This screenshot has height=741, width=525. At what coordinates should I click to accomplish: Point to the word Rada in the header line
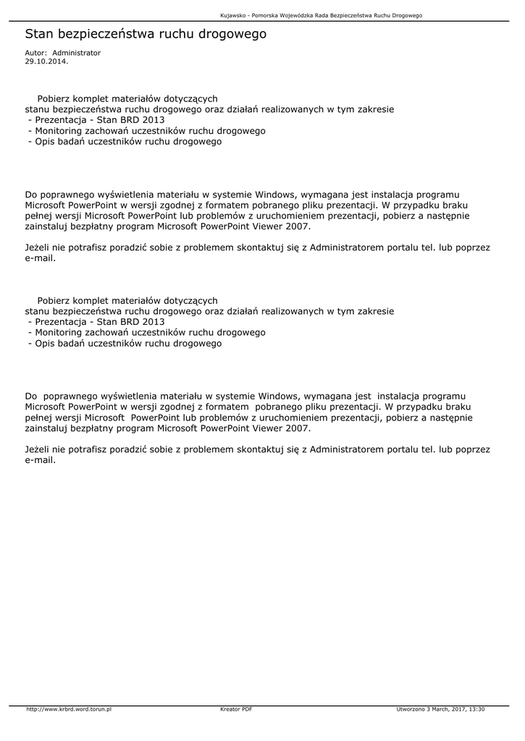322,15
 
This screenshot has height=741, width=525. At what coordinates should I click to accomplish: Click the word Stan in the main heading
40,34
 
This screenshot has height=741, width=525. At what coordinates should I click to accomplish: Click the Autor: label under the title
36,53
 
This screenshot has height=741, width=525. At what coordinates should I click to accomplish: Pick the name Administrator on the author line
77,53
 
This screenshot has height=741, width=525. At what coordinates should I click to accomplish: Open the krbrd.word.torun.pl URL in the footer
69,709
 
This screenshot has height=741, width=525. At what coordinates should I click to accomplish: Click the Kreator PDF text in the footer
236,709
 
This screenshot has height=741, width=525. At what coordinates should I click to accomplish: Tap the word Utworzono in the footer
410,709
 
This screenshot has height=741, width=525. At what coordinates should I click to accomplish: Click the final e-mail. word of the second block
40,460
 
